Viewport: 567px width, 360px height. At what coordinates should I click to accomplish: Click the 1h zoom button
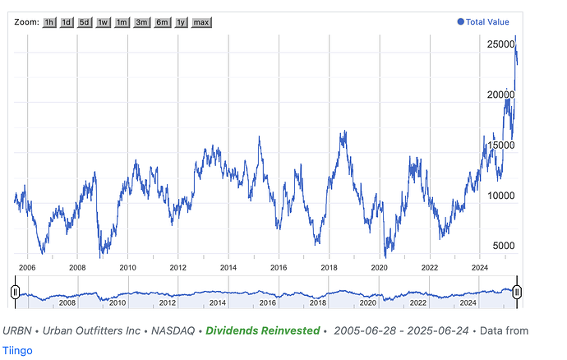click(x=51, y=22)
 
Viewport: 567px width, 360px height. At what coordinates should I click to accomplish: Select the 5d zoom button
click(x=85, y=22)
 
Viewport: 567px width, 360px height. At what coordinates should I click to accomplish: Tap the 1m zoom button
click(x=122, y=22)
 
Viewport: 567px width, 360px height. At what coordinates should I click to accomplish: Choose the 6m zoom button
click(x=162, y=22)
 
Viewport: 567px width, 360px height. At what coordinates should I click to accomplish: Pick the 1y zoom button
click(x=181, y=22)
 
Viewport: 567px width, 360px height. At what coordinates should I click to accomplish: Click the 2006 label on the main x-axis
click(x=27, y=267)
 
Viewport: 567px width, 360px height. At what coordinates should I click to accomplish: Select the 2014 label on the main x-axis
click(x=228, y=267)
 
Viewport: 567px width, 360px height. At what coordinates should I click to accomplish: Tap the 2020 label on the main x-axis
click(x=379, y=267)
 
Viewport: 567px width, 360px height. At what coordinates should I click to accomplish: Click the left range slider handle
click(x=15, y=291)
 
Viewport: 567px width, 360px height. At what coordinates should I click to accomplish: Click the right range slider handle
click(x=517, y=291)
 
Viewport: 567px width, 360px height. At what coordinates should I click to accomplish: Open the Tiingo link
click(x=17, y=349)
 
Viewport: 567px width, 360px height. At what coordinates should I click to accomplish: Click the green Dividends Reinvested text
click(x=262, y=330)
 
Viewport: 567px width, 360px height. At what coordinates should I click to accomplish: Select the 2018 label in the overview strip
click(x=318, y=302)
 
